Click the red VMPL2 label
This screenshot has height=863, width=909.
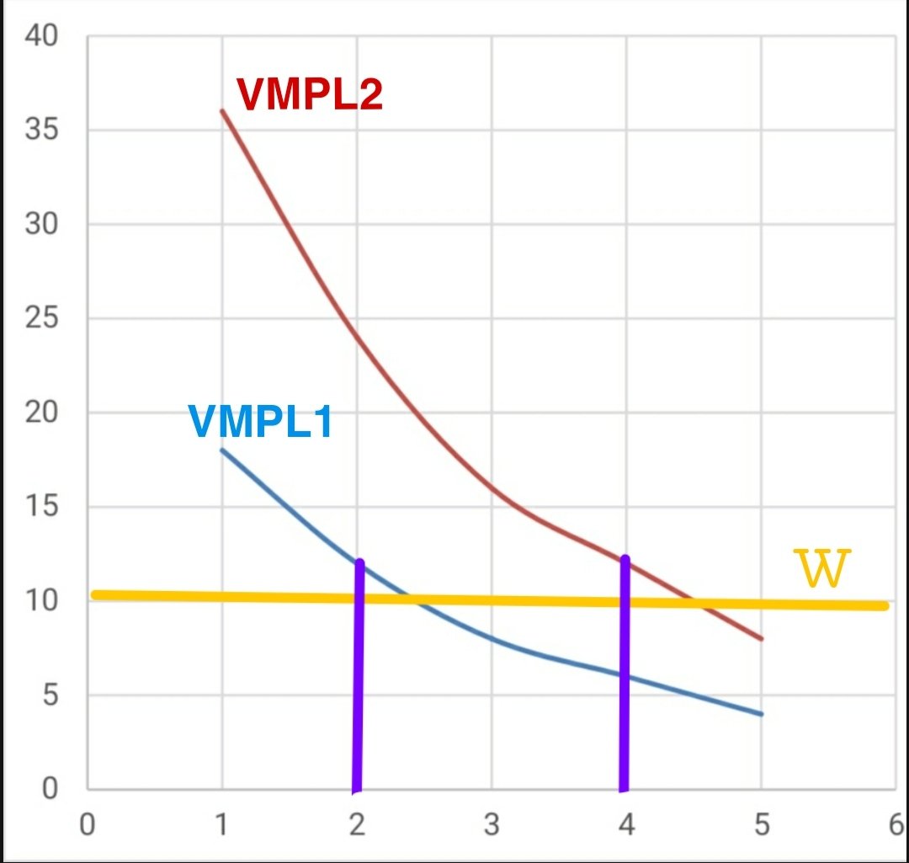(x=310, y=94)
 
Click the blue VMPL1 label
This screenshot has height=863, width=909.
(x=260, y=422)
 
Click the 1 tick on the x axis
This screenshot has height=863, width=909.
(x=221, y=823)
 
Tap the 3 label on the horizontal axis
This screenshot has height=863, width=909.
(x=492, y=823)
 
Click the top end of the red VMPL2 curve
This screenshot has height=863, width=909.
(x=222, y=111)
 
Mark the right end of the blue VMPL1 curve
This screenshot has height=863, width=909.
(x=761, y=714)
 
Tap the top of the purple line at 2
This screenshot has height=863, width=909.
(x=360, y=562)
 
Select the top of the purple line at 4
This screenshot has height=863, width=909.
(x=625, y=558)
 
